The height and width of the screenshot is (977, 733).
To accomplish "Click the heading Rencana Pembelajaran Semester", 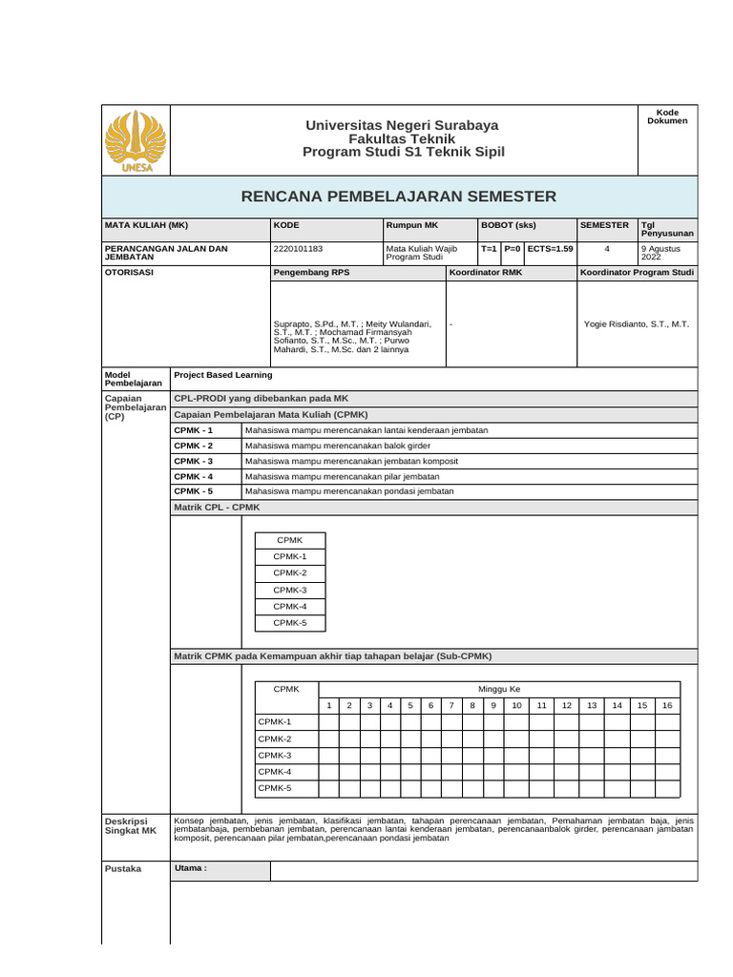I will [398, 197].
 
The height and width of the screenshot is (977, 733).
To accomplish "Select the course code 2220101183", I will [298, 249].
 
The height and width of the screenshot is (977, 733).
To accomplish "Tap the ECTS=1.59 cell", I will [550, 249].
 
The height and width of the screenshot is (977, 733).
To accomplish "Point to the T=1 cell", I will [489, 249].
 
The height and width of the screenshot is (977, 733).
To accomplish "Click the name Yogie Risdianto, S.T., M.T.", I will [636, 323].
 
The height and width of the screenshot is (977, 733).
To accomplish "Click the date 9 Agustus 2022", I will [663, 253].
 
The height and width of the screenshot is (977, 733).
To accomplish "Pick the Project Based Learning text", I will [223, 376].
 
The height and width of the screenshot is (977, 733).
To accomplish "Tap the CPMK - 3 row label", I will [194, 461].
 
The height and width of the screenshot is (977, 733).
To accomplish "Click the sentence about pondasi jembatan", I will [349, 491].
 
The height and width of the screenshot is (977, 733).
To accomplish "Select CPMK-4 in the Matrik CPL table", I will [290, 606].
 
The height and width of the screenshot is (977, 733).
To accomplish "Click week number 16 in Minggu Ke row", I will [667, 705].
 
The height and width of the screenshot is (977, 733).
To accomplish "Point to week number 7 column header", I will [450, 705].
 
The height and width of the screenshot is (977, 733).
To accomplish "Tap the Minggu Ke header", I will [499, 689].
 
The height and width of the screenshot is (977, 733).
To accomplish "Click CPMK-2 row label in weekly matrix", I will [274, 738].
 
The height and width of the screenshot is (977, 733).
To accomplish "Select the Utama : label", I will [191, 868].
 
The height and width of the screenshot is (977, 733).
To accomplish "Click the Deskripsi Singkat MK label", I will [130, 825].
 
